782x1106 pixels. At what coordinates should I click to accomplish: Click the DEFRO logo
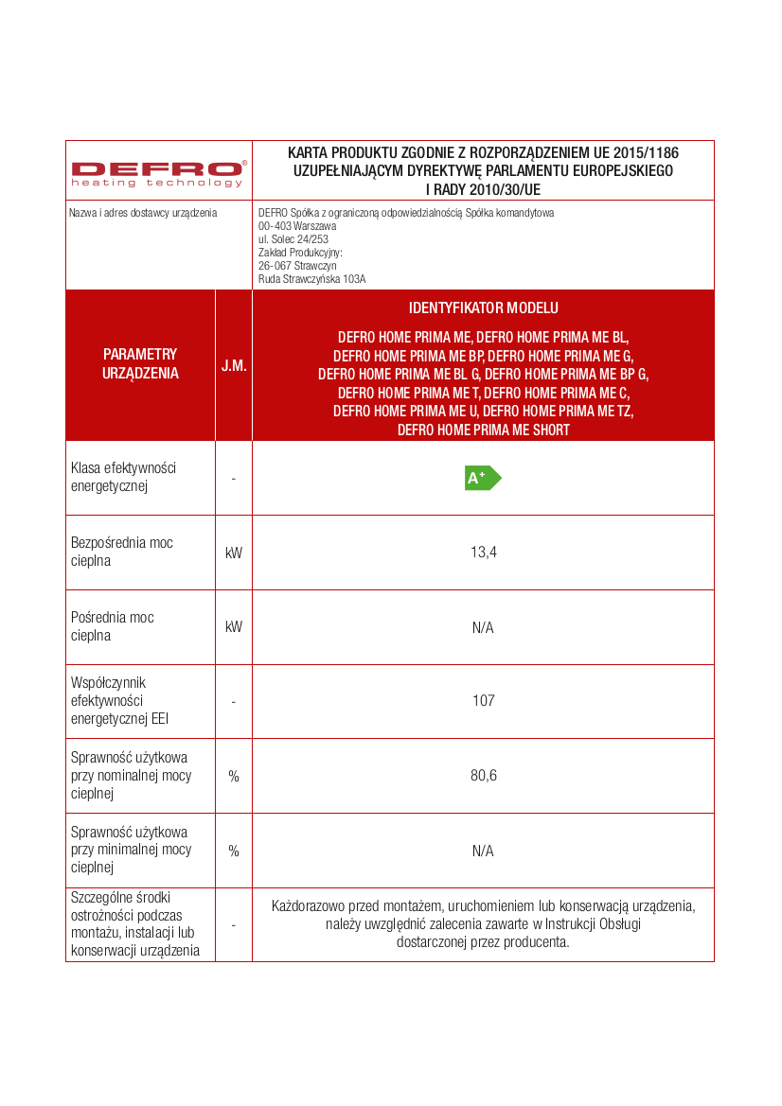pos(158,172)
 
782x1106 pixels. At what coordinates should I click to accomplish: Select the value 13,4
pos(483,553)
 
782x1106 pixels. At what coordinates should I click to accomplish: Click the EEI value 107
pos(483,701)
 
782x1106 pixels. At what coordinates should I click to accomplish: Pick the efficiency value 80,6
pos(483,776)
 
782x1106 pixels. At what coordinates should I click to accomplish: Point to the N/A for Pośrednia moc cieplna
pos(483,627)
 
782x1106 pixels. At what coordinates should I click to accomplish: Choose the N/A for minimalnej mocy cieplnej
pos(483,851)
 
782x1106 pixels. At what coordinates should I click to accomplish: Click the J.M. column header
pos(234,365)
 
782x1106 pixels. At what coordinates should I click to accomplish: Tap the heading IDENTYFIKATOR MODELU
pos(483,308)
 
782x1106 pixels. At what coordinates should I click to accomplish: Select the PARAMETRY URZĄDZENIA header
pos(140,363)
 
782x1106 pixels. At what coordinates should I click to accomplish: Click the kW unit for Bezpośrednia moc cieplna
pos(234,553)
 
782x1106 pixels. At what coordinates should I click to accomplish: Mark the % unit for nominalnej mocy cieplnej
pos(234,776)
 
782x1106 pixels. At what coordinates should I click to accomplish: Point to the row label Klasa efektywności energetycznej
pos(123,477)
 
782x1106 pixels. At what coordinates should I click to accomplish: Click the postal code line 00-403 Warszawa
pos(297,226)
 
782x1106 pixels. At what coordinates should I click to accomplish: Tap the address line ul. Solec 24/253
pos(293,239)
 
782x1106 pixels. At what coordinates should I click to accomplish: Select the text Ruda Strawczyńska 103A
pos(311,279)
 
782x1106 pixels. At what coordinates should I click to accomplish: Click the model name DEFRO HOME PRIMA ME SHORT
pos(483,430)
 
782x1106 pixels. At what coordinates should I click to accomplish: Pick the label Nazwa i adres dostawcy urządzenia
pos(143,213)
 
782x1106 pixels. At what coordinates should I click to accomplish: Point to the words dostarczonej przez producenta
pos(483,942)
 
